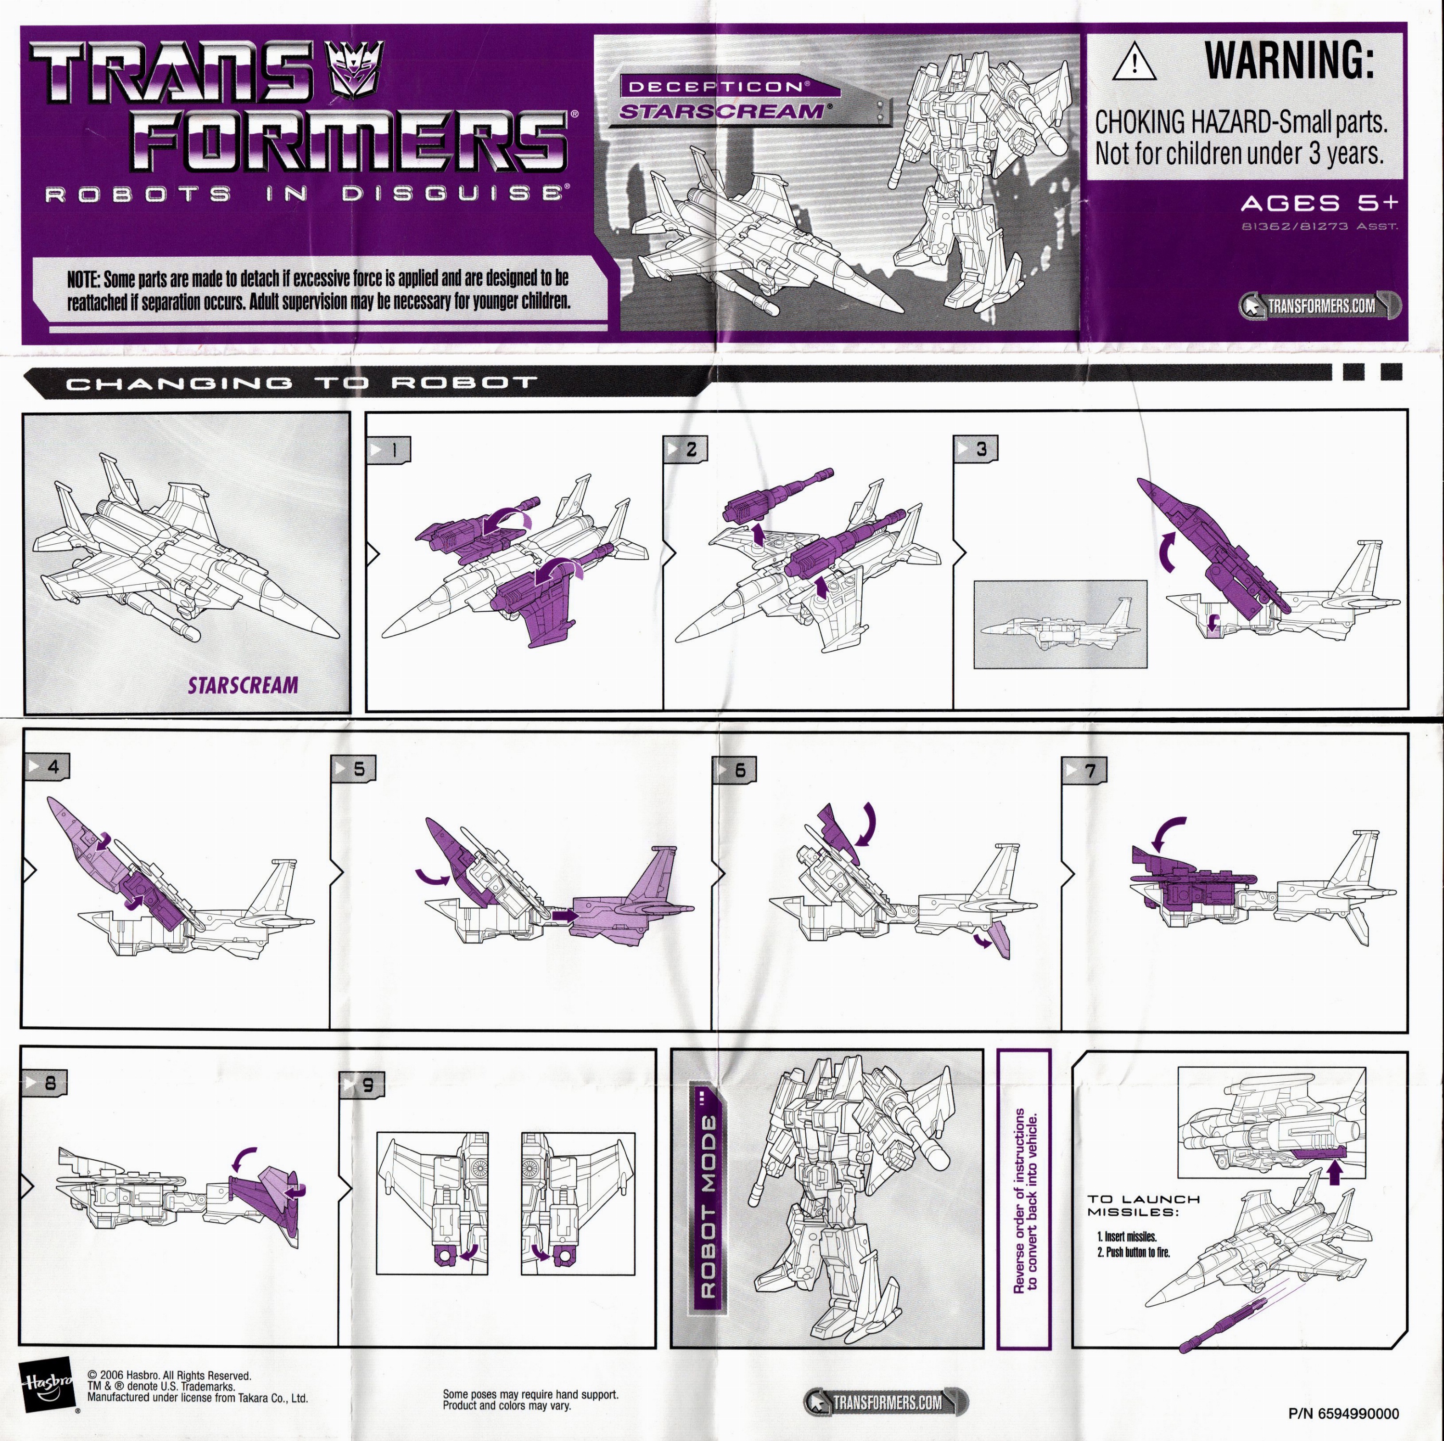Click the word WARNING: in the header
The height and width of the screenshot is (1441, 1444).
(x=1290, y=59)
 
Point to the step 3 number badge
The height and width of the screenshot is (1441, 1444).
(x=975, y=449)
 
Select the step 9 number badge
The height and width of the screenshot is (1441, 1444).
(x=362, y=1085)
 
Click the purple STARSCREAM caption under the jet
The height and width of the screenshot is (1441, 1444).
(x=243, y=685)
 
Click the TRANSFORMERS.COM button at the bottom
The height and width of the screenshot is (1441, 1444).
(x=885, y=1402)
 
